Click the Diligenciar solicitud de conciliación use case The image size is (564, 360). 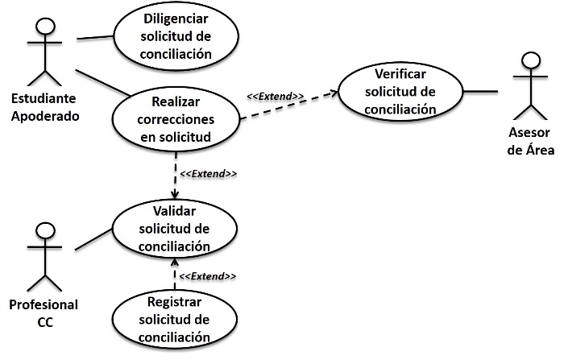(x=176, y=37)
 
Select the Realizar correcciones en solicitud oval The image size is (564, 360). (x=176, y=119)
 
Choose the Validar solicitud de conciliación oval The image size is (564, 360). (x=175, y=229)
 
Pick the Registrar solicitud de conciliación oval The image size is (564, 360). (x=175, y=320)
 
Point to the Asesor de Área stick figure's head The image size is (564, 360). (x=530, y=62)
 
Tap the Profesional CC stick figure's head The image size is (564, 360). (x=46, y=232)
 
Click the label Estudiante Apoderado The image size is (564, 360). (x=45, y=106)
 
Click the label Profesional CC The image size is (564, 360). (x=44, y=312)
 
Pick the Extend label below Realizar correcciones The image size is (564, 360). (x=208, y=174)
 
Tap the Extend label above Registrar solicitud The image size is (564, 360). (x=207, y=276)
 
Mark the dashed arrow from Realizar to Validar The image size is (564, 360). (x=175, y=173)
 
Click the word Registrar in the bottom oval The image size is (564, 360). (x=175, y=303)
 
